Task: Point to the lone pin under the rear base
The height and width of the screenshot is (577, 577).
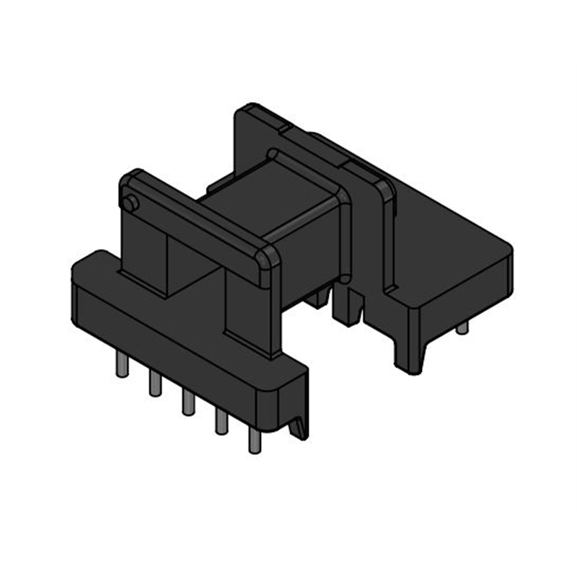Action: point(462,327)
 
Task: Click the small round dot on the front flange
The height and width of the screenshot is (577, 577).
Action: point(130,204)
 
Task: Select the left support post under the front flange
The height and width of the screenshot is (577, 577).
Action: point(144,252)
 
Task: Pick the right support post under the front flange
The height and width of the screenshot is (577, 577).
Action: point(249,310)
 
